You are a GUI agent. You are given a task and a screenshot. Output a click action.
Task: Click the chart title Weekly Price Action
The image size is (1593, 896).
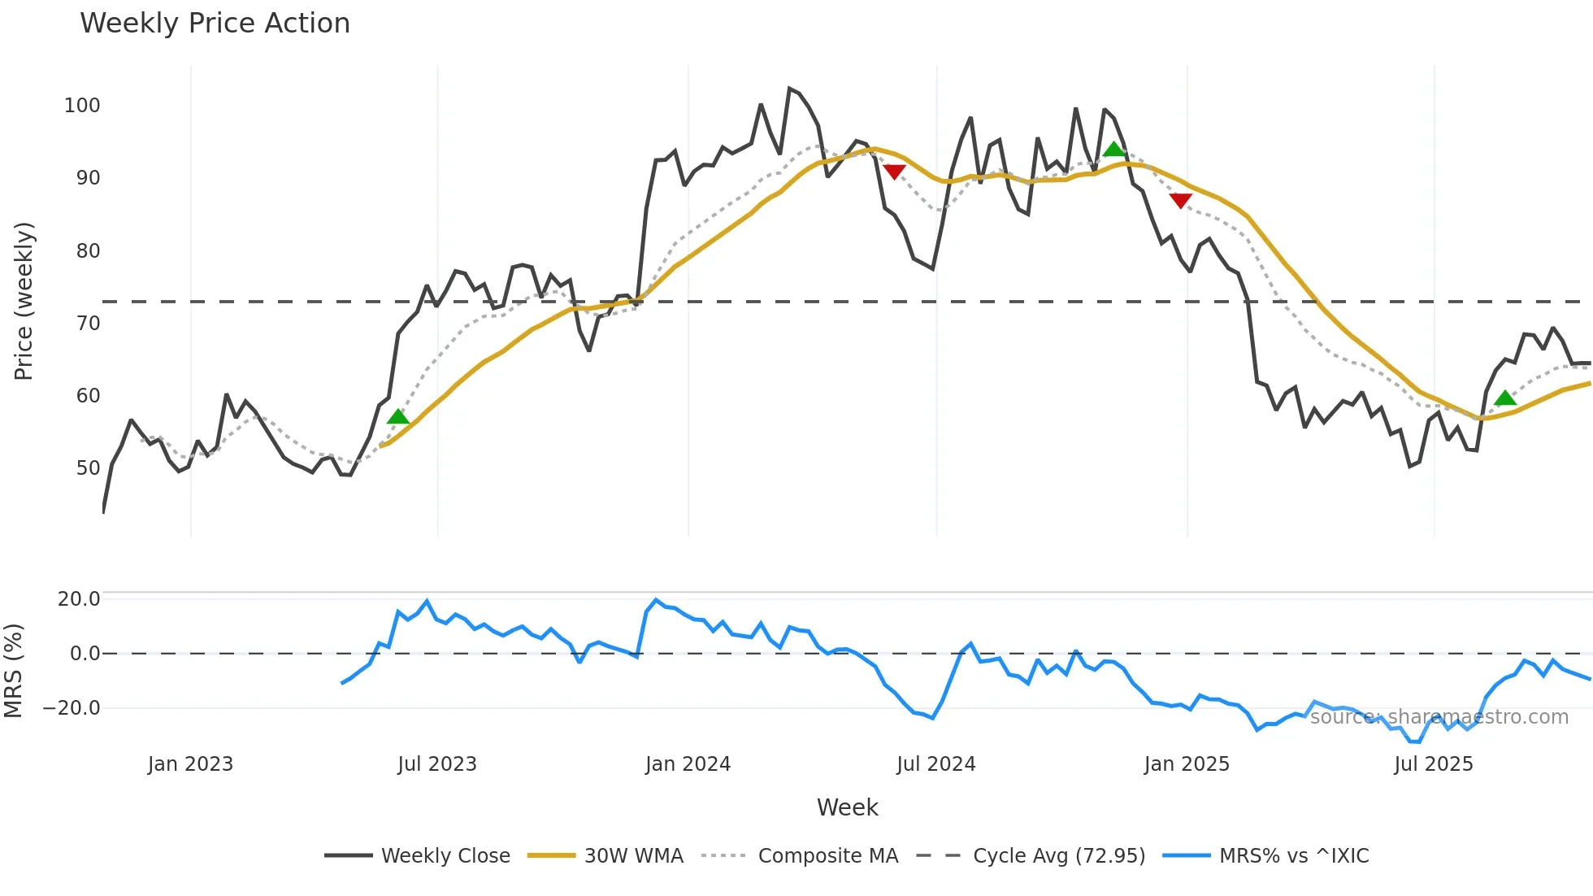pos(215,24)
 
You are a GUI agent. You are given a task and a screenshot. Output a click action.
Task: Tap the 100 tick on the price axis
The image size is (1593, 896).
pos(82,106)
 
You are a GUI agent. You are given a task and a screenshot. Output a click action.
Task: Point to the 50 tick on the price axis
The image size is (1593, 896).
pos(88,468)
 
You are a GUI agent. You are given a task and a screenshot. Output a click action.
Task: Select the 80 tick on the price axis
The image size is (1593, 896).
pos(88,251)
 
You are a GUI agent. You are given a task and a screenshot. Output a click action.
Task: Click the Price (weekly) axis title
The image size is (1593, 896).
pos(24,301)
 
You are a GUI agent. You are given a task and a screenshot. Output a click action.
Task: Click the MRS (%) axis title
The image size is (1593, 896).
pos(14,671)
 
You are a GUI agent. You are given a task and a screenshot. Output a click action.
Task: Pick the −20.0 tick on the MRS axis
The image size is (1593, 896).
pos(71,708)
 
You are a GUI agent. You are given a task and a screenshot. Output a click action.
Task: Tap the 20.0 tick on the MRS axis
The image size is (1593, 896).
pos(79,599)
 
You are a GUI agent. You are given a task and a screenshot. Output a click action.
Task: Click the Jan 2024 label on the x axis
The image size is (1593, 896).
pos(688,764)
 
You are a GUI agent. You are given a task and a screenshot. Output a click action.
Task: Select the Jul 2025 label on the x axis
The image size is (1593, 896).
pos(1433,764)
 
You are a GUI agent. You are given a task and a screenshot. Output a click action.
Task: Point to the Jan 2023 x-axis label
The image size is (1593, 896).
pos(190,764)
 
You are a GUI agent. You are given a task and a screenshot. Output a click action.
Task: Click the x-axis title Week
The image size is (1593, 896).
pos(847,807)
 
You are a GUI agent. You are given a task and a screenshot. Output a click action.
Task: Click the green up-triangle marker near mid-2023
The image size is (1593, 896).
pos(398,417)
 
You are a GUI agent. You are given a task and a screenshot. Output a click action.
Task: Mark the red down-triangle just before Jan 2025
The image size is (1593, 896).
pos(1180,200)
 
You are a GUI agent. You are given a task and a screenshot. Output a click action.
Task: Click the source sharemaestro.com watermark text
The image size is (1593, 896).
pos(1439,717)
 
